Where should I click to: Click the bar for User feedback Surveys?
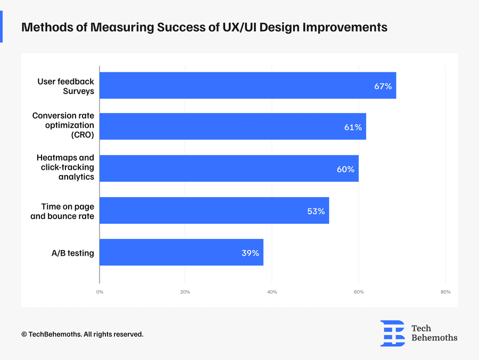[x=247, y=86]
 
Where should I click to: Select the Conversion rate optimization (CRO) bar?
[x=233, y=127]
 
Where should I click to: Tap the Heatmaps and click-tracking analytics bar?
[x=229, y=169]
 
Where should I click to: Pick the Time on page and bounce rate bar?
[x=214, y=211]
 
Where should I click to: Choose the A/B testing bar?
[x=181, y=253]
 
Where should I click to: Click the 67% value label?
[x=383, y=86]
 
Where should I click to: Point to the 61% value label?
[x=353, y=127]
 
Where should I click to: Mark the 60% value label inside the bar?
[x=345, y=169]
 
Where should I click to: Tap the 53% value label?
[x=316, y=211]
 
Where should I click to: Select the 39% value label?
[x=250, y=253]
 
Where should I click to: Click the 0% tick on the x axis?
[x=100, y=292]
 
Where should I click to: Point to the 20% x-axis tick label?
[x=185, y=292]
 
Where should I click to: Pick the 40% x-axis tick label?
[x=272, y=292]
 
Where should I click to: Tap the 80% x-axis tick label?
[x=445, y=292]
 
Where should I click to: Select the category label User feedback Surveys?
[x=65, y=86]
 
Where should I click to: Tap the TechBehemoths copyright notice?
[x=82, y=334]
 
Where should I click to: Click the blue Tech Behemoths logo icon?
[x=392, y=333]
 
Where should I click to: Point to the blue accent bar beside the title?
[x=1, y=27]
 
